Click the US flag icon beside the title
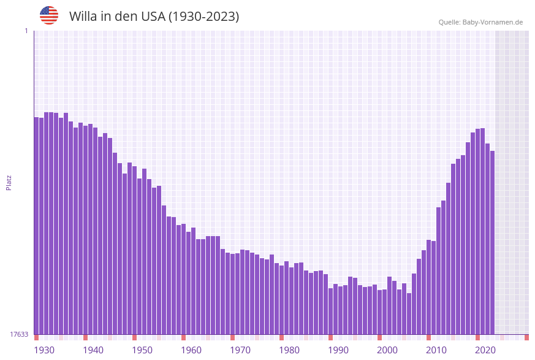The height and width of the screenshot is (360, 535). tap(49, 15)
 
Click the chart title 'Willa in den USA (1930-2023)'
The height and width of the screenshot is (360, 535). tap(154, 17)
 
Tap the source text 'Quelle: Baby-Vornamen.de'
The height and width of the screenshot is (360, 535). tap(480, 22)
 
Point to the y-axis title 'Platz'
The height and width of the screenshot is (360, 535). tap(9, 182)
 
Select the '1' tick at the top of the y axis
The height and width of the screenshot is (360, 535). tap(26, 31)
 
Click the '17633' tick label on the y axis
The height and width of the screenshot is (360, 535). tap(19, 334)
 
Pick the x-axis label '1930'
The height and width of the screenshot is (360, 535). tap(44, 350)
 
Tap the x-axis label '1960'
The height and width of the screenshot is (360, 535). tap(191, 350)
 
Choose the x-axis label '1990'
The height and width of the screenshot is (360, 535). tap(338, 350)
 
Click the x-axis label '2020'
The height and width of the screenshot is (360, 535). tap(485, 350)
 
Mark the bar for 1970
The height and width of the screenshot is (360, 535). tap(232, 294)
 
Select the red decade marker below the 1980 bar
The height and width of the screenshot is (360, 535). tap(281, 337)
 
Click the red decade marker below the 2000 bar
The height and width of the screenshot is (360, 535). tap(379, 337)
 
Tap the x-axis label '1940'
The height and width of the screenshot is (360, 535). tap(93, 350)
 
